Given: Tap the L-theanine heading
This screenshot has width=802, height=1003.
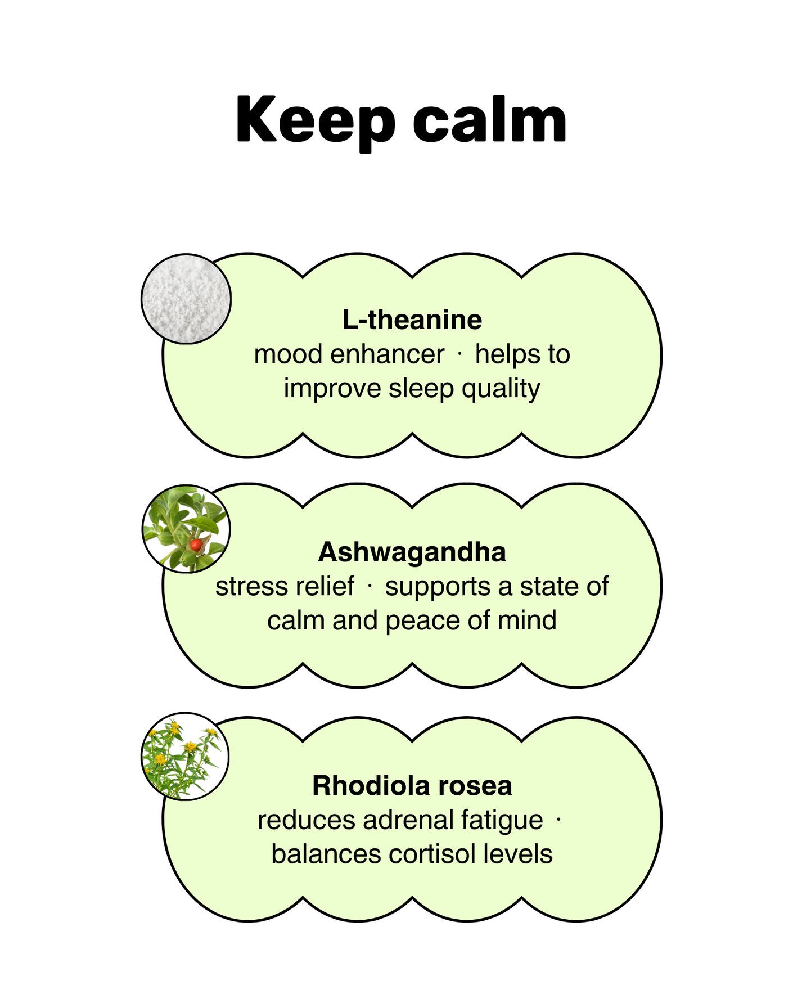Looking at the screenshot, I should [412, 320].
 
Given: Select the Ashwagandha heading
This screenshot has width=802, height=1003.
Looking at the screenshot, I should [412, 552].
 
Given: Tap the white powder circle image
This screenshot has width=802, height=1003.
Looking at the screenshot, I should [186, 298].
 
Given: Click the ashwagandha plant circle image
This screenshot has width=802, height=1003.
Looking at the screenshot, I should [186, 529].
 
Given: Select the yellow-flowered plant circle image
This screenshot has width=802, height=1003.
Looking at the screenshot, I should [185, 757].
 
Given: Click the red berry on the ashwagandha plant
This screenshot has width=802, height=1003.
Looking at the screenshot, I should [195, 545].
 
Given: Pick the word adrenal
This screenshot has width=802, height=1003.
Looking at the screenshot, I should [408, 820].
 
